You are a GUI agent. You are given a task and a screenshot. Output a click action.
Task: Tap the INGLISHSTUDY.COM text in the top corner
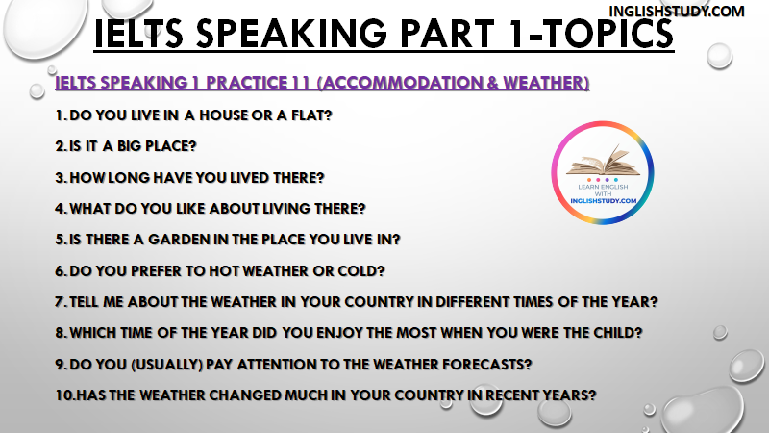click(x=677, y=12)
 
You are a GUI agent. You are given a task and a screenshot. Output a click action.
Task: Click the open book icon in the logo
click(x=603, y=161)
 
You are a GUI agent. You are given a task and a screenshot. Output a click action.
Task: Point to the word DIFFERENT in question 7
click(x=473, y=302)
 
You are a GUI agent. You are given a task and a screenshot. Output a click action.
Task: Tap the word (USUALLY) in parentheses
click(x=166, y=365)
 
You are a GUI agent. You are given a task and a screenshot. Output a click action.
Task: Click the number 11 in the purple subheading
click(x=301, y=83)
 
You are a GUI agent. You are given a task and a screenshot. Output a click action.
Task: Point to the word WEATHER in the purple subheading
click(x=546, y=83)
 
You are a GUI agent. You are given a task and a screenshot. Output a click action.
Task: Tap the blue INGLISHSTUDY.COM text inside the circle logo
click(x=604, y=201)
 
